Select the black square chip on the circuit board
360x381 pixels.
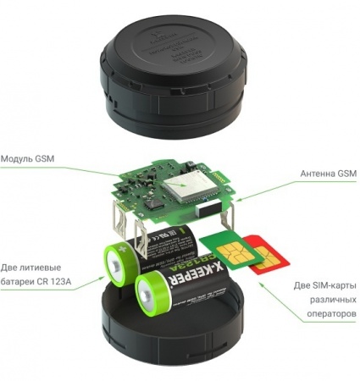tap(153, 203)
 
